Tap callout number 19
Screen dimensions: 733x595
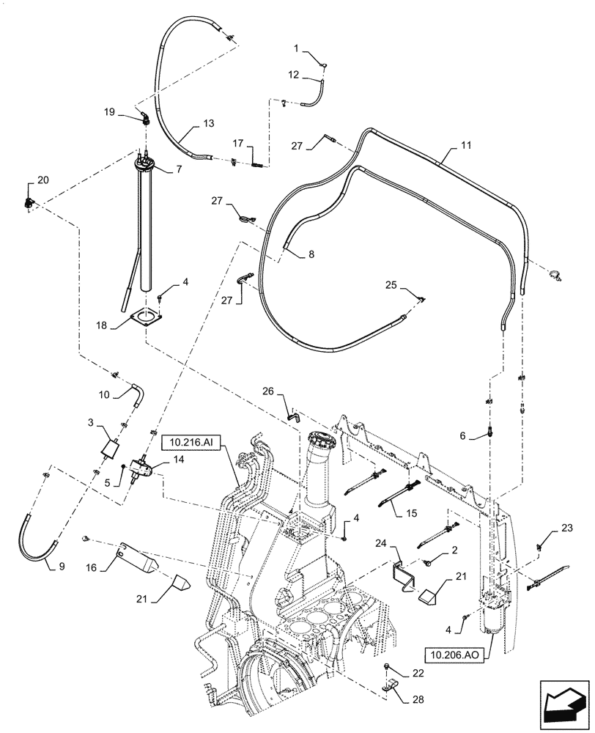coord(109,111)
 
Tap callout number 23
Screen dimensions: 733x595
coord(566,527)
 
